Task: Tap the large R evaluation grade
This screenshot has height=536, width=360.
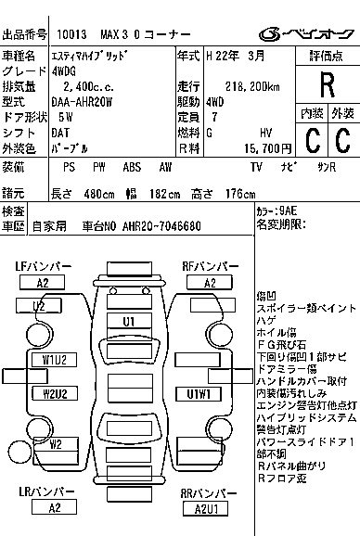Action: (x=326, y=85)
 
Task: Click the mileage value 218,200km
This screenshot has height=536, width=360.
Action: (x=231, y=85)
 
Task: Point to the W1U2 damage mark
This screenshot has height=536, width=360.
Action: (x=54, y=359)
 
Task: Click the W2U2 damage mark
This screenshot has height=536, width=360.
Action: (x=54, y=393)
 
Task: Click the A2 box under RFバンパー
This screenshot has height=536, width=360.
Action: (x=210, y=283)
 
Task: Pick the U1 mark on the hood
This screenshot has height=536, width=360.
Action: (x=130, y=321)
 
